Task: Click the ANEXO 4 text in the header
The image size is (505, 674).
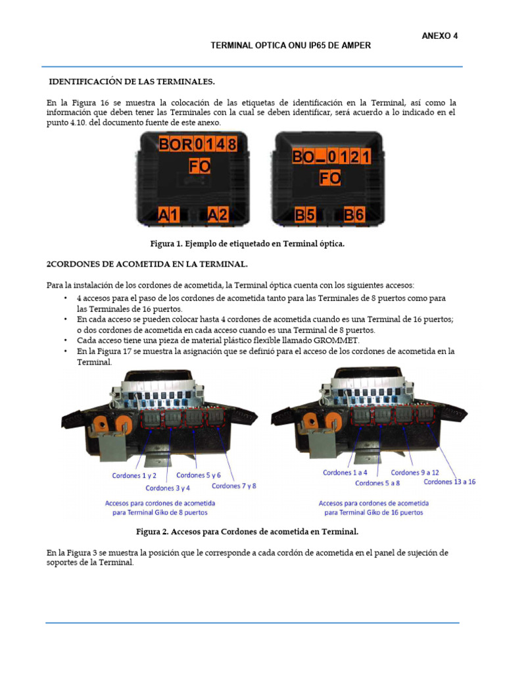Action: pos(439,36)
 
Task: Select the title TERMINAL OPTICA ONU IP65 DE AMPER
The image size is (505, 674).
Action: pos(290,45)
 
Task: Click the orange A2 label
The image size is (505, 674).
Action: pos(218,214)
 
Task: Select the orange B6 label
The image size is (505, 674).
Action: pos(354,214)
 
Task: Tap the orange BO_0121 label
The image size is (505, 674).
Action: pos(331,157)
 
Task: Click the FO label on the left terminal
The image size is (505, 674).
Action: pos(199,167)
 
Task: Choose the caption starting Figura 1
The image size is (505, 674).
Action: pos(247,244)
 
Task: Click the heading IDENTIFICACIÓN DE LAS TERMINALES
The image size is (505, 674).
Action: pos(132,82)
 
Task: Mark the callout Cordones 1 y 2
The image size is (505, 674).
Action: pos(134,475)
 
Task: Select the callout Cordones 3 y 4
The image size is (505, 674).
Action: pos(168,488)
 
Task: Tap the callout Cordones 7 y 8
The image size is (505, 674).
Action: pos(233,486)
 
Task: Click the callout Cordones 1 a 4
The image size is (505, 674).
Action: pos(345,473)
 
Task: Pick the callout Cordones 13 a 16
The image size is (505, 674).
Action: pos(450,482)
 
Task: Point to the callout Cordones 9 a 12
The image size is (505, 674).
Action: pos(414,473)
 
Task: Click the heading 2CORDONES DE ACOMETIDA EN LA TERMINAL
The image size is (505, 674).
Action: pos(146,264)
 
